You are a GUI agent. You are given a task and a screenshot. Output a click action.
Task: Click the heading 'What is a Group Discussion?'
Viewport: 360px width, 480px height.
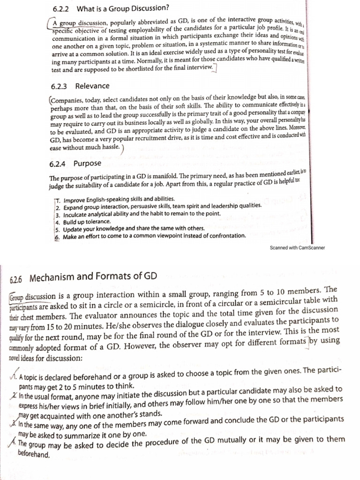122,8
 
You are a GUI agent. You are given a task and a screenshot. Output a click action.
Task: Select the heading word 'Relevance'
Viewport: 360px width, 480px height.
92,86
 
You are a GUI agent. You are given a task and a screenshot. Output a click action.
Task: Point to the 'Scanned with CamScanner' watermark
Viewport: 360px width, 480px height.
298,247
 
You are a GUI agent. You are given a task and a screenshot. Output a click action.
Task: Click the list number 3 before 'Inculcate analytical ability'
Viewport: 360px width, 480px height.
57,214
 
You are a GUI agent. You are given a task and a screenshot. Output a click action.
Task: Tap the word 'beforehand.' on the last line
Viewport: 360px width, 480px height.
33,454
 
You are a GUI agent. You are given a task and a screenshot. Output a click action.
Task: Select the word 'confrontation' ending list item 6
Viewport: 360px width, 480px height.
225,236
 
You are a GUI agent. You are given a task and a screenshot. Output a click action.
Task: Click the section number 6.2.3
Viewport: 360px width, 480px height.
59,86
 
